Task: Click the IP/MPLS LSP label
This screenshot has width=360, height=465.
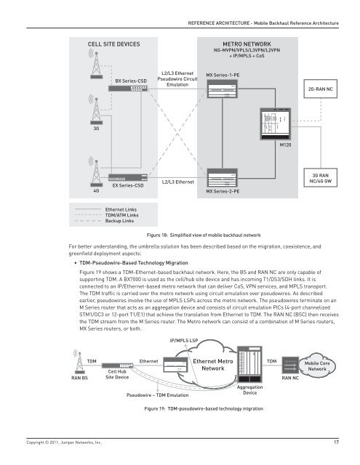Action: tap(185, 339)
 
